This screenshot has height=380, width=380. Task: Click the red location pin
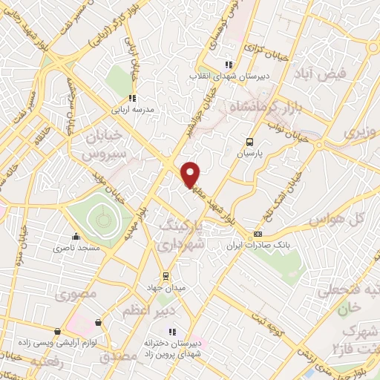[191, 174]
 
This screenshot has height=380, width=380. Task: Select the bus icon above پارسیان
[249, 142]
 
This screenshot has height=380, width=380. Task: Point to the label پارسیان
[250, 154]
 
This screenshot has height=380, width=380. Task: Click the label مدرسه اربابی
[131, 109]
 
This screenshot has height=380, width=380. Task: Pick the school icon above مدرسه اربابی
[131, 97]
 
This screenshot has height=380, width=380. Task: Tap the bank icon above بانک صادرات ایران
[258, 235]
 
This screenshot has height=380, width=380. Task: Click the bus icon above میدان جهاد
[166, 276]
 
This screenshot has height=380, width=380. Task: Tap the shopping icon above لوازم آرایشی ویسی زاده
[57, 331]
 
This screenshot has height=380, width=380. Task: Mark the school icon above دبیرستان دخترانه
[172, 332]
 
